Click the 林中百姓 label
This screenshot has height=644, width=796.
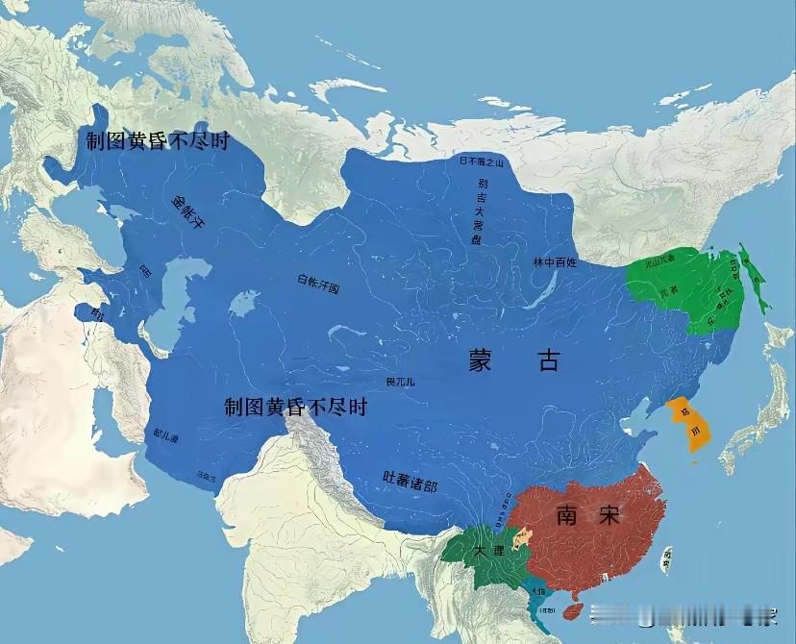point(555,261)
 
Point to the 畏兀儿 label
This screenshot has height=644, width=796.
point(400,382)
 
